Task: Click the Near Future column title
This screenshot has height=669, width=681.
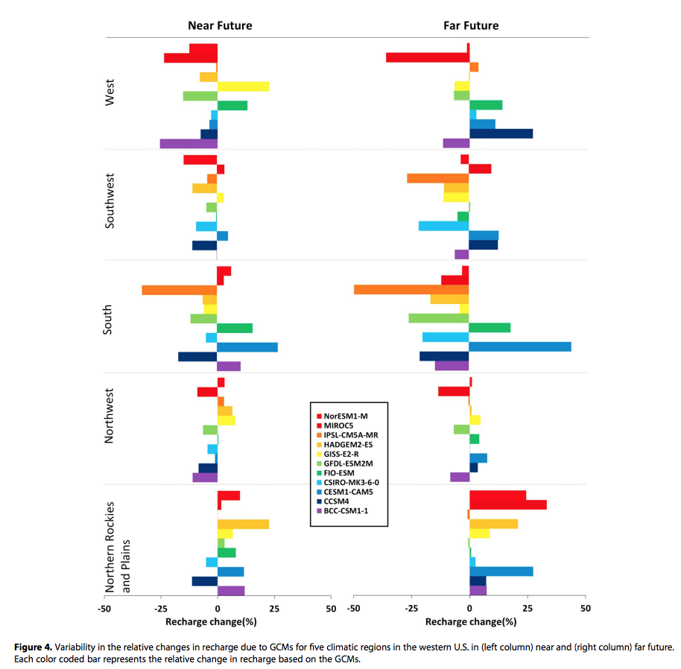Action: [220, 25]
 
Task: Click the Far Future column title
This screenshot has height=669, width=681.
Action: [470, 25]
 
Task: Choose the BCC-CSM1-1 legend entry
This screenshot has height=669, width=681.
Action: [346, 511]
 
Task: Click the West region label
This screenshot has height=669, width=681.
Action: [110, 93]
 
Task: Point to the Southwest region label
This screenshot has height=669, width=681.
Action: [110, 201]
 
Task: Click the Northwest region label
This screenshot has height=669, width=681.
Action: [110, 416]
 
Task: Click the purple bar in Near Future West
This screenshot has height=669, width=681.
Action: [189, 143]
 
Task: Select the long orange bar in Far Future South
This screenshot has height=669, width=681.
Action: [411, 289]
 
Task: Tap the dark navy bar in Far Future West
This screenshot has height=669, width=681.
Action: [501, 133]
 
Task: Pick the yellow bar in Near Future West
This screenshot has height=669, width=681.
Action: [243, 86]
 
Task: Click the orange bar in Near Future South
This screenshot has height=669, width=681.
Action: [179, 290]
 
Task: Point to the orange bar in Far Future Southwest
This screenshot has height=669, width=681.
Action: [437, 178]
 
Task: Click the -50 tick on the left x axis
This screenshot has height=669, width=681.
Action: [104, 609]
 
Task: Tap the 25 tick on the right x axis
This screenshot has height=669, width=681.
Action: [528, 609]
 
